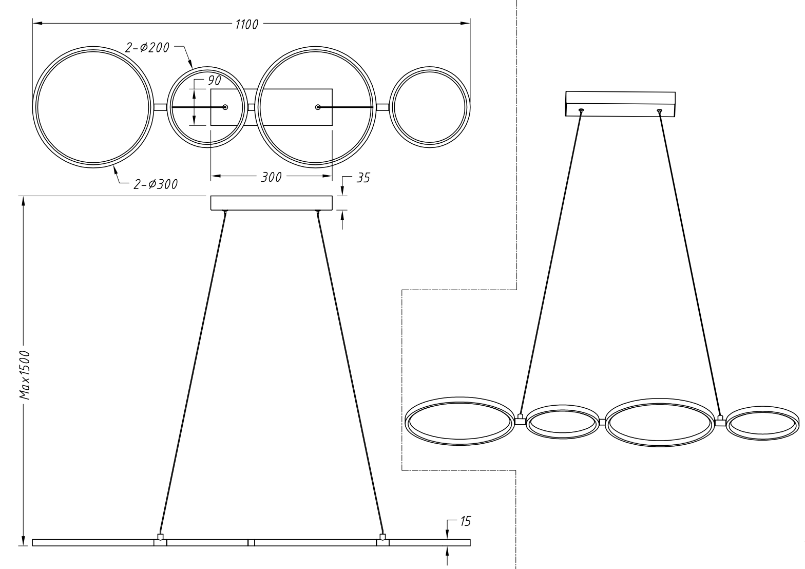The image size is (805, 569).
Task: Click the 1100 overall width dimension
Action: pos(247,25)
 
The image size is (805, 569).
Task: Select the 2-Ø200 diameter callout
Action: pos(147,47)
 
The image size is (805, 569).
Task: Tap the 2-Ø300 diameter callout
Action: pos(156,184)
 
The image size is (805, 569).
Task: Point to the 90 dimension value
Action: pos(215,81)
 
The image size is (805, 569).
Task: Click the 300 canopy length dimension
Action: pos(271,177)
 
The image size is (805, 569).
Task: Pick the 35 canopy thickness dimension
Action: pos(363,178)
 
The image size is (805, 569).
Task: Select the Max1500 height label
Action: pos(25,375)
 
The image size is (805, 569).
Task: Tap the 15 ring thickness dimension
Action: pos(465,521)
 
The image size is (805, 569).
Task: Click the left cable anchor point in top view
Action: pos(225,107)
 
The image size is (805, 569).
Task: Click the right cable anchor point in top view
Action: pos(318,107)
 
